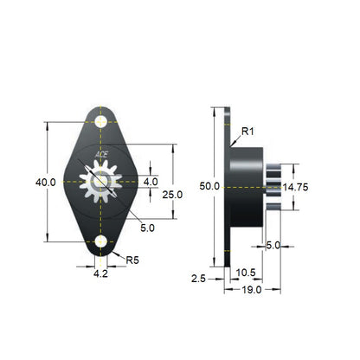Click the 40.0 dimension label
coord(45,183)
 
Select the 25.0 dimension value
coord(173,195)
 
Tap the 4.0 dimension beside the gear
coord(151,182)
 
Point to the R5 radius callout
coord(133,259)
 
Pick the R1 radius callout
coord(247,131)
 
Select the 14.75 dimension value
coord(296,186)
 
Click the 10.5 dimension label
coord(246,272)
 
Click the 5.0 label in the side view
coord(273,245)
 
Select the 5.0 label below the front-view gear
coord(147,228)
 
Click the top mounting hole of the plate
coord(102,122)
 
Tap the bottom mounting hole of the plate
coord(102,241)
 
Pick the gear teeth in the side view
coord(274,185)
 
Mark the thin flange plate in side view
coord(228,186)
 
